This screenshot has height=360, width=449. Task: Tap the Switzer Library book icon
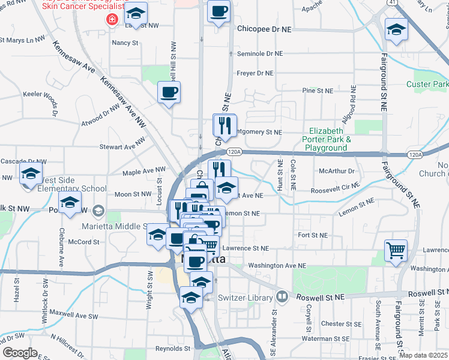coord(282,297)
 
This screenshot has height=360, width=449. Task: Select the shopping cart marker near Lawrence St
coord(396,250)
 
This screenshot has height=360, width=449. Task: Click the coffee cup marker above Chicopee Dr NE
coord(218,11)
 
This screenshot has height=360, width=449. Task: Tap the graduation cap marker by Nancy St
coord(137,15)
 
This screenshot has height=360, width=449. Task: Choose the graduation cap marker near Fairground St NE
coord(396,29)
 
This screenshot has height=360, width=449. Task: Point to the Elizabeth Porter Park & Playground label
coord(326,139)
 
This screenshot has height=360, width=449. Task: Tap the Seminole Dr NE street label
coord(260,53)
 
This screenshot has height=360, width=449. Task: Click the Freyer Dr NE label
coord(255,73)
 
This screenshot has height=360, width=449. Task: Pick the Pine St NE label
coord(318,91)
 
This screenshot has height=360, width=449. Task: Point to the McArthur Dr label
coord(337,171)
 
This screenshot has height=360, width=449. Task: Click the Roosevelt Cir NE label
coord(333,192)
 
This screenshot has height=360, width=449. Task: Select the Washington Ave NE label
coord(277,265)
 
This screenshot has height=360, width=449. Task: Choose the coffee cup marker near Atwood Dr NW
coord(169,92)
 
